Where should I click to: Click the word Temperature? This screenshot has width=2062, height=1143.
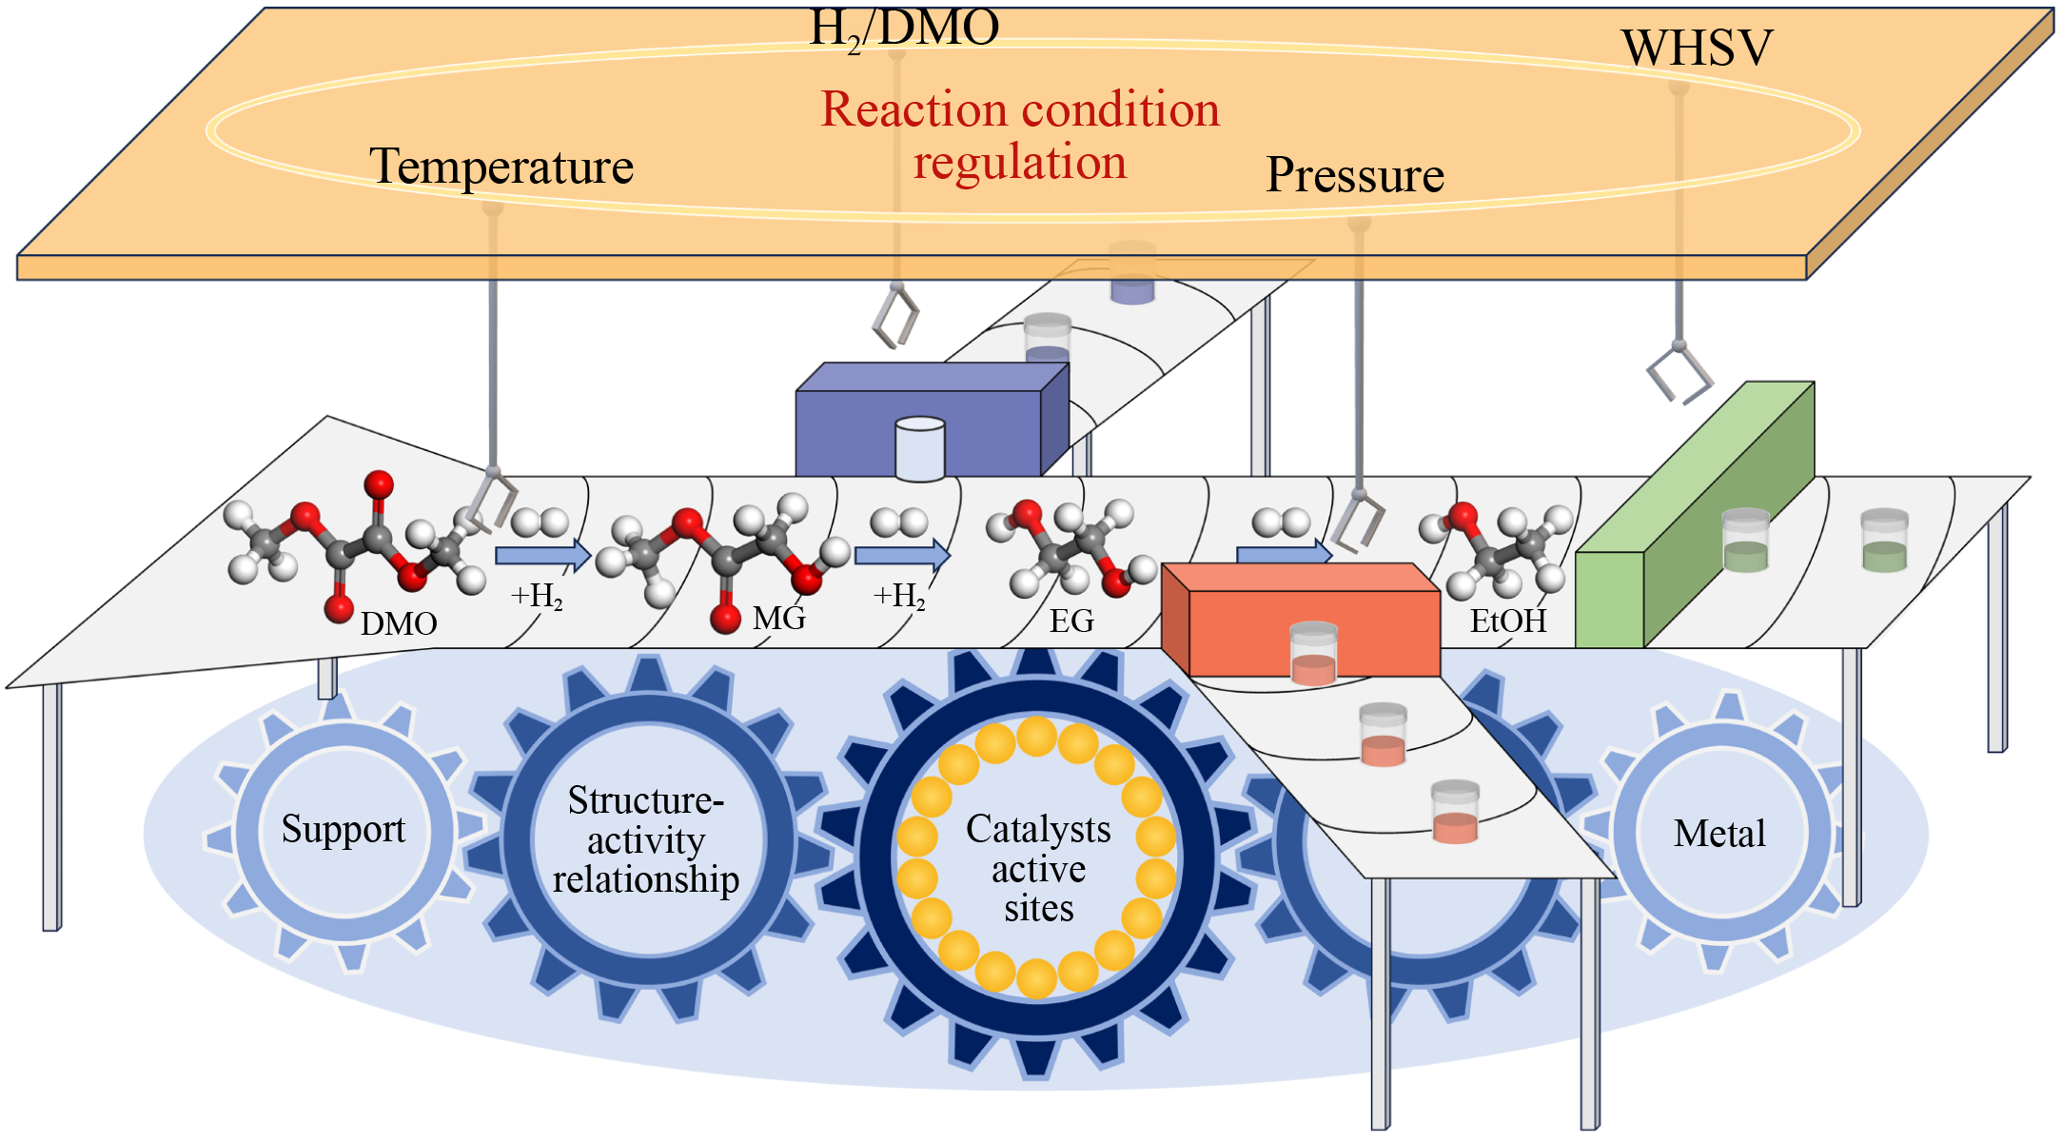[501, 167]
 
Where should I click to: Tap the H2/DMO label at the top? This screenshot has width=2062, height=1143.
[904, 29]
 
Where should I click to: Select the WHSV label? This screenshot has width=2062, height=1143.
[1698, 48]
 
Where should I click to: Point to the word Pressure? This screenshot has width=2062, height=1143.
[1355, 175]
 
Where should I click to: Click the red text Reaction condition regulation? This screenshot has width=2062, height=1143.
[1020, 135]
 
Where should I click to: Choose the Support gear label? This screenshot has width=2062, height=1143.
[343, 829]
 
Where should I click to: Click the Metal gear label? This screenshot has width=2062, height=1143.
[1719, 834]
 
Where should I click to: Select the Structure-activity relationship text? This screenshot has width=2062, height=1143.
[646, 839]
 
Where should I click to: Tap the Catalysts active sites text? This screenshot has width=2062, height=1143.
[1038, 868]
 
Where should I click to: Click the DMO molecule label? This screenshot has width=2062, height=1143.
[399, 624]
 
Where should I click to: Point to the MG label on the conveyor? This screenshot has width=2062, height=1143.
[779, 619]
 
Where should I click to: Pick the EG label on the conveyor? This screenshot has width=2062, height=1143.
[1071, 621]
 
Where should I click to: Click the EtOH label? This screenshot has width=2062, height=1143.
[1508, 621]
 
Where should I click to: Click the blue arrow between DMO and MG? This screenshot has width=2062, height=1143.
[542, 555]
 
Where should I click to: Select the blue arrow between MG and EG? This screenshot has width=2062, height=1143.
[902, 555]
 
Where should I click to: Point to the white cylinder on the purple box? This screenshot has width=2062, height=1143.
[920, 448]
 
